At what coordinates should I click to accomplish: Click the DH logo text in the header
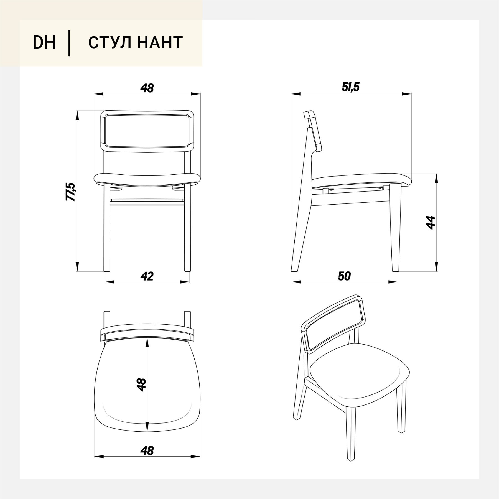click(44, 43)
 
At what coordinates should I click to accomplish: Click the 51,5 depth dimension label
click(350, 87)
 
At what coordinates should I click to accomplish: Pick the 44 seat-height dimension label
click(431, 222)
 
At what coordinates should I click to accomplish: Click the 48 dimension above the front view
click(147, 88)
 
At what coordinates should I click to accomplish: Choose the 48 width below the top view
click(147, 451)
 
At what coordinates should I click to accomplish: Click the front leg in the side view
click(396, 227)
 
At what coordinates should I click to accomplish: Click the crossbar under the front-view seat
click(147, 201)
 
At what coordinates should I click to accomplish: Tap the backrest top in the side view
click(309, 115)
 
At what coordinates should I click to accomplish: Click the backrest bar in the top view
click(147, 332)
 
